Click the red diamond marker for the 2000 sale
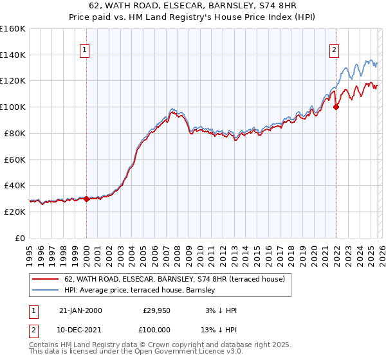(x=86, y=199)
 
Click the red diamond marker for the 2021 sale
(x=336, y=107)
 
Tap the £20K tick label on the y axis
(x=13, y=212)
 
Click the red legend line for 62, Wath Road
(x=46, y=279)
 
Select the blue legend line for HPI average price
(x=46, y=290)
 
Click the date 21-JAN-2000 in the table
(x=80, y=310)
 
